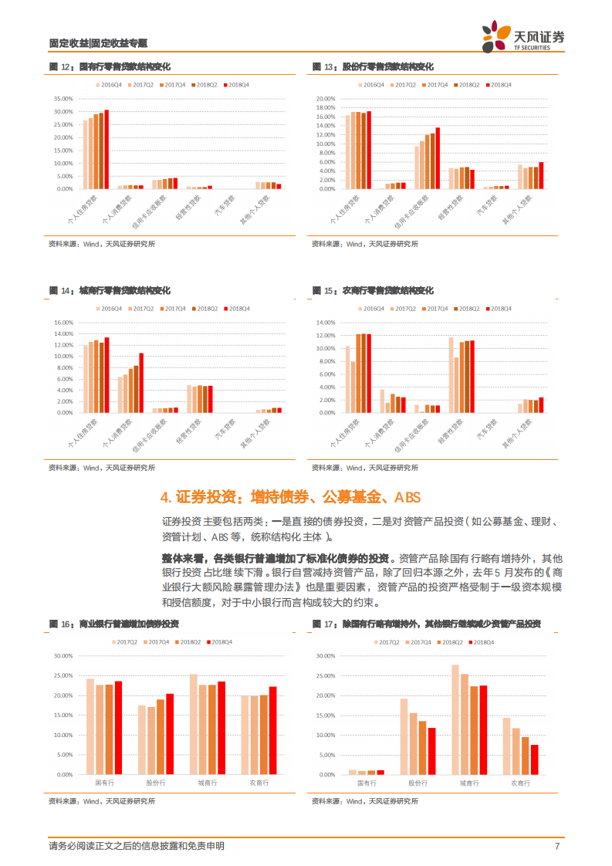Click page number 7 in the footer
click(x=556, y=846)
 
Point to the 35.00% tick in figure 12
click(x=63, y=99)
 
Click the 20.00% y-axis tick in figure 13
click(x=326, y=99)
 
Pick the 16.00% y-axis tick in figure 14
click(x=63, y=323)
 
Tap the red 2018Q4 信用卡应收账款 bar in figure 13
click(x=438, y=158)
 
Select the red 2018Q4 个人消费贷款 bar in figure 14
click(x=141, y=382)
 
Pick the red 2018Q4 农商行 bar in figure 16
click(x=272, y=730)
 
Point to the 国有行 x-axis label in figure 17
click(x=366, y=783)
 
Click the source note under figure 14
click(x=101, y=467)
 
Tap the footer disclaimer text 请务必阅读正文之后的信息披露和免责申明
click(x=136, y=846)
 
